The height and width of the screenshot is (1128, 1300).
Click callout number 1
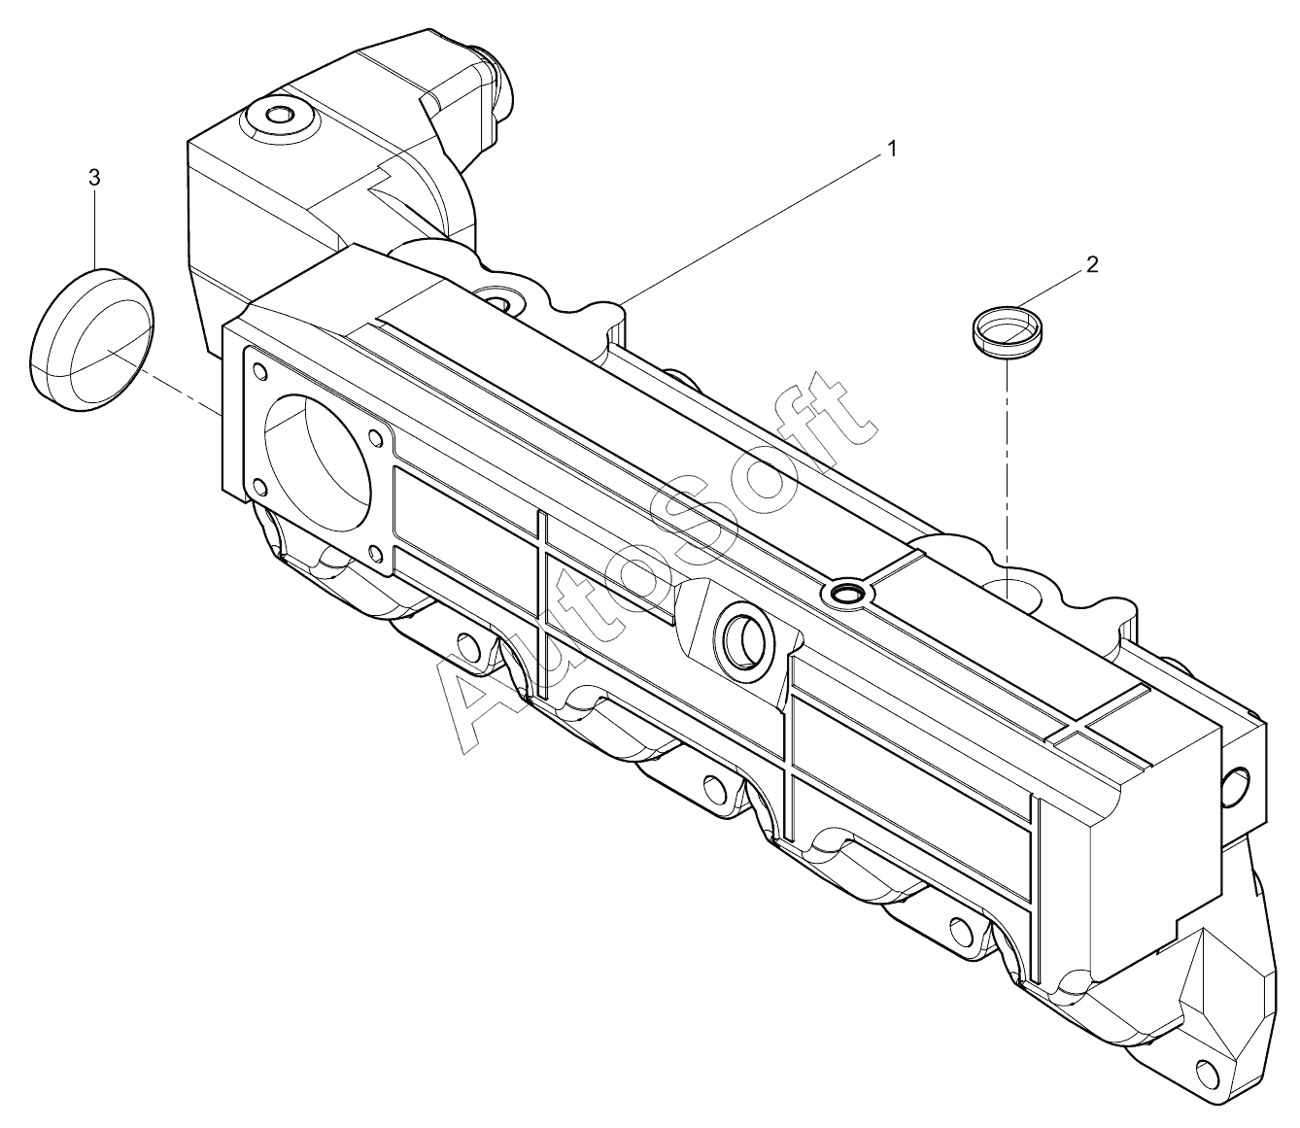click(892, 150)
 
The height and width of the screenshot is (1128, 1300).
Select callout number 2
click(1092, 264)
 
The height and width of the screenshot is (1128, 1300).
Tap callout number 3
click(94, 178)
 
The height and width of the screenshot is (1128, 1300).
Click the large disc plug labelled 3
click(92, 339)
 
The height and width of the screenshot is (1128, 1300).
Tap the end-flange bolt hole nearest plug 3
click(259, 369)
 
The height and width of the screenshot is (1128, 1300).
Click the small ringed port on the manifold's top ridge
click(847, 594)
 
